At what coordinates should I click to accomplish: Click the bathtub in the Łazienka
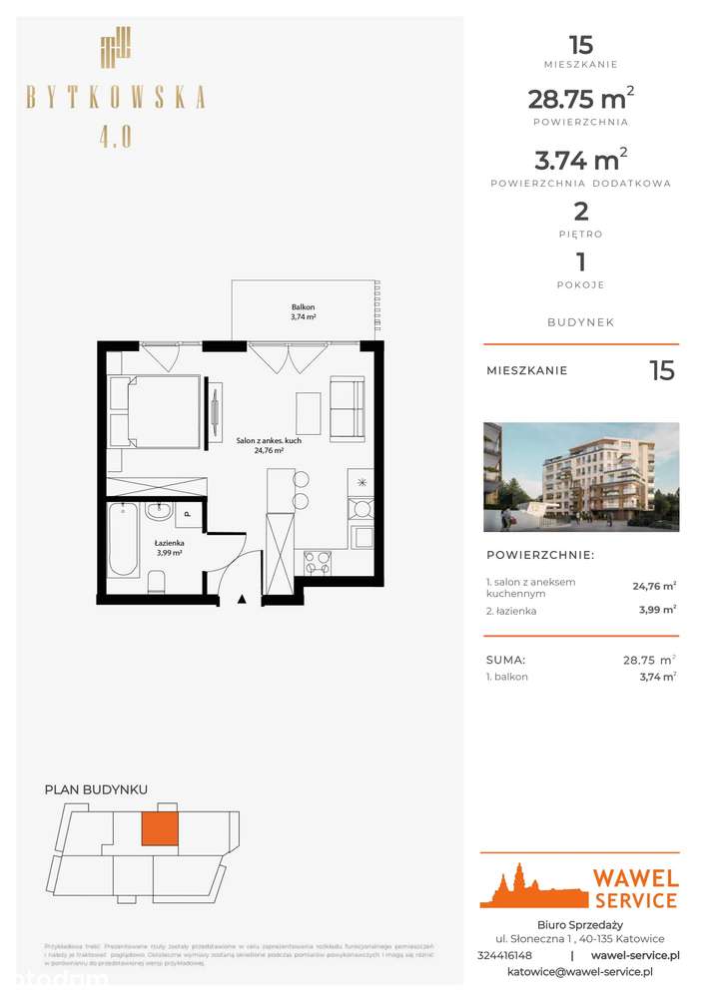[124, 540]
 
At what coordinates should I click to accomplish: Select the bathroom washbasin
[159, 512]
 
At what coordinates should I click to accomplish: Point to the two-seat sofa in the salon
[348, 408]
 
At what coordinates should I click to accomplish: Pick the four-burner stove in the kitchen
[318, 562]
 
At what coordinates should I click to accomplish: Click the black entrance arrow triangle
[241, 599]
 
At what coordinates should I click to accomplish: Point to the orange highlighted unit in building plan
[160, 827]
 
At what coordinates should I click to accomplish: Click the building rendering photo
[581, 476]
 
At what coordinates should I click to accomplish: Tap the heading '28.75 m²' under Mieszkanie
[580, 100]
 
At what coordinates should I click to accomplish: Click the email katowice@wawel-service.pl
[580, 971]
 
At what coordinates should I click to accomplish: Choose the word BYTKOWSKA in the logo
[116, 97]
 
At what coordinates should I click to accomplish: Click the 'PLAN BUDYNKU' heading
[96, 789]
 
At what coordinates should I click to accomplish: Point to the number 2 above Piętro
[580, 211]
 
